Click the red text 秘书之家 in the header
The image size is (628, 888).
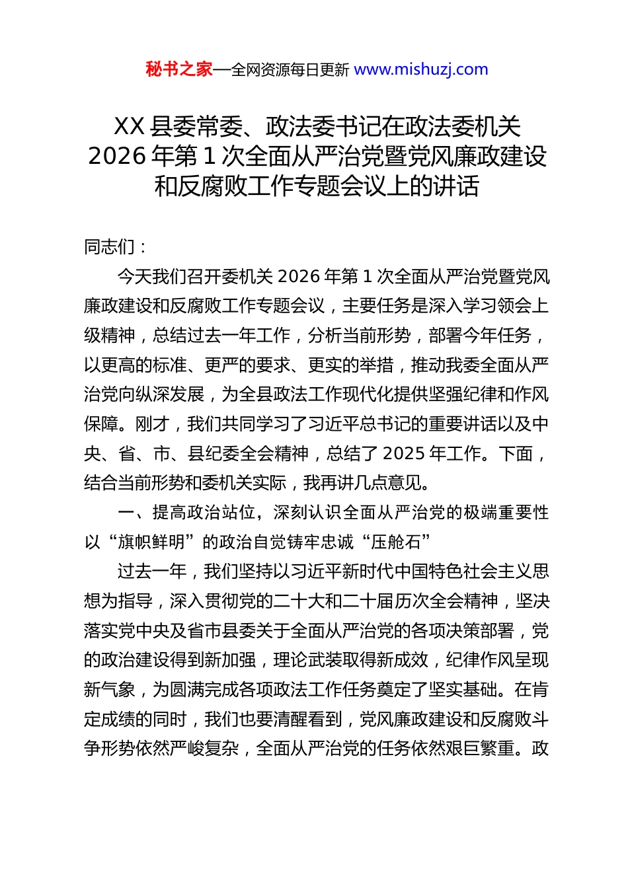pyautogui.click(x=179, y=69)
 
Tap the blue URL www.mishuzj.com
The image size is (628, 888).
pyautogui.click(x=421, y=69)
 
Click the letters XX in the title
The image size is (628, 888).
pyautogui.click(x=129, y=126)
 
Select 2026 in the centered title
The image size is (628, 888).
pyautogui.click(x=117, y=156)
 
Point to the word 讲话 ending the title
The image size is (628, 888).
pyautogui.click(x=457, y=186)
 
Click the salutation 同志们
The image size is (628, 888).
pyautogui.click(x=110, y=247)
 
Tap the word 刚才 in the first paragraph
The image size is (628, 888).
pyautogui.click(x=153, y=424)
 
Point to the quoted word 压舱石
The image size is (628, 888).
pyautogui.click(x=395, y=542)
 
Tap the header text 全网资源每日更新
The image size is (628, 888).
pyautogui.click(x=290, y=69)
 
